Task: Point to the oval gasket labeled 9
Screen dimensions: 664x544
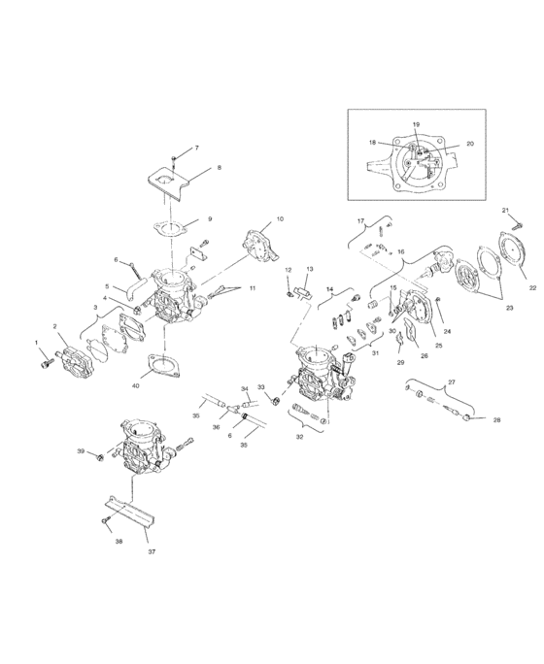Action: pyautogui.click(x=171, y=230)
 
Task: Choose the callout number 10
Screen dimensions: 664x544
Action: pyautogui.click(x=280, y=220)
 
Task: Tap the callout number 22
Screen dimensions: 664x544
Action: pyautogui.click(x=532, y=287)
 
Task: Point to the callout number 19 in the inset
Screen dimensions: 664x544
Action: pyautogui.click(x=416, y=125)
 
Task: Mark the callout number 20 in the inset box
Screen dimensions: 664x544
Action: pyautogui.click(x=470, y=144)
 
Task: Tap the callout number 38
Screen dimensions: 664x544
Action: pyautogui.click(x=119, y=542)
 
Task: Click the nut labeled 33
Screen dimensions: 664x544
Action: pyautogui.click(x=277, y=400)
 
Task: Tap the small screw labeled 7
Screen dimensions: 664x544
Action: pyautogui.click(x=173, y=157)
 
